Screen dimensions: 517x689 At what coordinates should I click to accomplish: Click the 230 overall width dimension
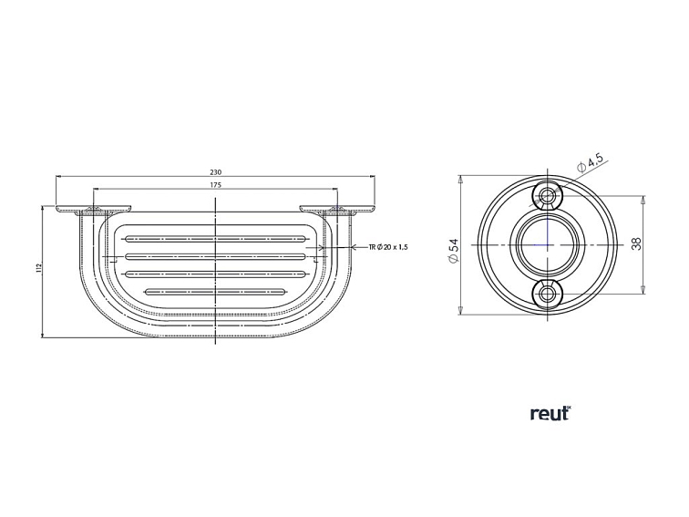click(x=215, y=171)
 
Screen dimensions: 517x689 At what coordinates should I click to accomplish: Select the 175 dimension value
click(x=215, y=185)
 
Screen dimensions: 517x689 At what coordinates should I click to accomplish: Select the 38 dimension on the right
click(x=636, y=244)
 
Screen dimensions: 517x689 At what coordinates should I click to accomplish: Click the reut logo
click(x=550, y=413)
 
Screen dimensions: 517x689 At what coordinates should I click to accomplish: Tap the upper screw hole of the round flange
click(x=547, y=196)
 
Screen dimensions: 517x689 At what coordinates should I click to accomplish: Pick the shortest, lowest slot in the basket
click(x=215, y=292)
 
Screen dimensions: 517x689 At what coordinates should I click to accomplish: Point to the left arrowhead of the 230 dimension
click(x=58, y=177)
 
